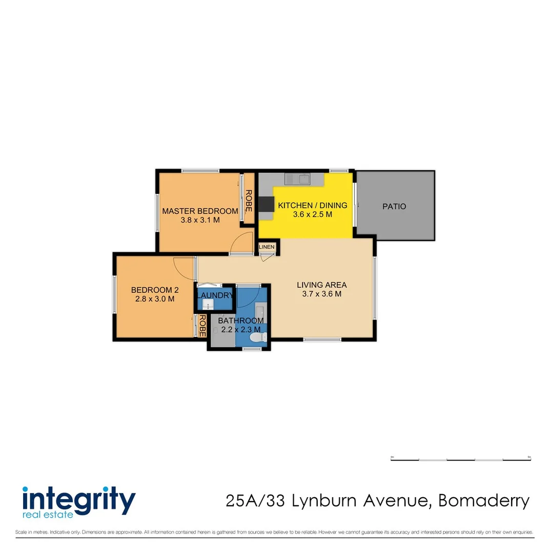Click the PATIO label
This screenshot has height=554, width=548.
click(394, 207)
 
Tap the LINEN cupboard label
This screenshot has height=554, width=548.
click(267, 247)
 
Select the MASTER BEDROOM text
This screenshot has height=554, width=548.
click(200, 211)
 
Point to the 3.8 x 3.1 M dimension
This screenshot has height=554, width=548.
click(200, 220)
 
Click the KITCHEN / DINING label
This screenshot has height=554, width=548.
click(312, 205)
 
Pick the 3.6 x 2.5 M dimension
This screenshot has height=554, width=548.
click(312, 214)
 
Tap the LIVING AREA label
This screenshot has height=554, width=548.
click(322, 285)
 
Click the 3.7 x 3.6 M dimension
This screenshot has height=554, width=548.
click(322, 294)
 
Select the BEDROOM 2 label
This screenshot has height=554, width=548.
click(155, 289)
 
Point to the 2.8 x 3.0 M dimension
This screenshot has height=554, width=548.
click(155, 298)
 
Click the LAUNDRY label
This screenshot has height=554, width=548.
click(215, 295)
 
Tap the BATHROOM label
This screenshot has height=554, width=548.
click(241, 321)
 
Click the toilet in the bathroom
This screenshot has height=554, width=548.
click(257, 338)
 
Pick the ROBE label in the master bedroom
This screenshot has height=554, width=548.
click(249, 201)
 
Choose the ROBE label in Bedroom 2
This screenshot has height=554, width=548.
click(202, 325)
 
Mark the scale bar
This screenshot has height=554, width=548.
click(460, 459)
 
